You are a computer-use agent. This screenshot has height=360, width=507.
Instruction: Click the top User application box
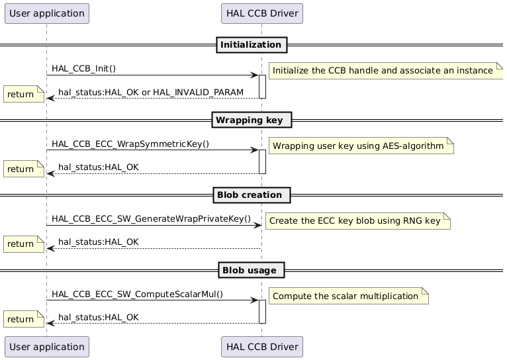click(x=46, y=13)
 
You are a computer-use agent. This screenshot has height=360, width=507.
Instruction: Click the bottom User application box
click(x=46, y=346)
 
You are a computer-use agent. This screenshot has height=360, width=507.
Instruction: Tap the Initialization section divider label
click(x=251, y=45)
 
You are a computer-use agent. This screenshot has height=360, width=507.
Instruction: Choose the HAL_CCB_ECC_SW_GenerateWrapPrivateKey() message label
click(x=151, y=219)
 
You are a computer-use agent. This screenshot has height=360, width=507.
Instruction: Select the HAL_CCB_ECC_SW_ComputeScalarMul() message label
click(x=137, y=294)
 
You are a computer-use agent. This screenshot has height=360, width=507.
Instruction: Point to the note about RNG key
click(x=357, y=220)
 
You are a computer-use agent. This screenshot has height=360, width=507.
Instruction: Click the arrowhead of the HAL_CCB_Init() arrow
click(x=254, y=75)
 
